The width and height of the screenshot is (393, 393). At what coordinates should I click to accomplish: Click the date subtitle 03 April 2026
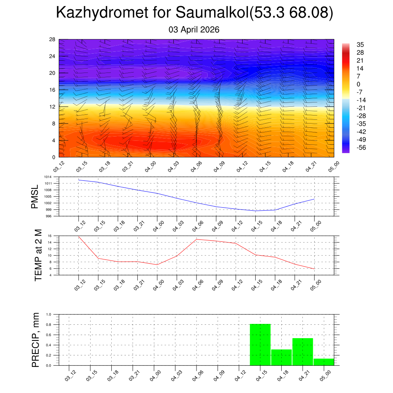pos(194,30)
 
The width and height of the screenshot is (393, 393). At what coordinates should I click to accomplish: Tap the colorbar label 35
pos(360,45)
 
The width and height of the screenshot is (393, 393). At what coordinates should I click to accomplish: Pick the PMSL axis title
pos(35,196)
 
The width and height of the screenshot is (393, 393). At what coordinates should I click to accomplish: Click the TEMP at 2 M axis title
pos(38,255)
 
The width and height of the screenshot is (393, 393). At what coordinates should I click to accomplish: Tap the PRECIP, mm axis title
pos(36,340)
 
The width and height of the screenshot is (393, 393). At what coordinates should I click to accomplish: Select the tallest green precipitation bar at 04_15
pos(260,345)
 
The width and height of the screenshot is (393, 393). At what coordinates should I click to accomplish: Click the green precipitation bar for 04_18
pos(281,357)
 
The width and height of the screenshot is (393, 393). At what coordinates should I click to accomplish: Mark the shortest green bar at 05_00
pos(324,362)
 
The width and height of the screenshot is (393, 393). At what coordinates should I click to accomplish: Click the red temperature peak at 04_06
pos(196,239)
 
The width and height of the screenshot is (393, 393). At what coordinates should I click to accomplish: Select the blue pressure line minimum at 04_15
pos(255,211)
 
